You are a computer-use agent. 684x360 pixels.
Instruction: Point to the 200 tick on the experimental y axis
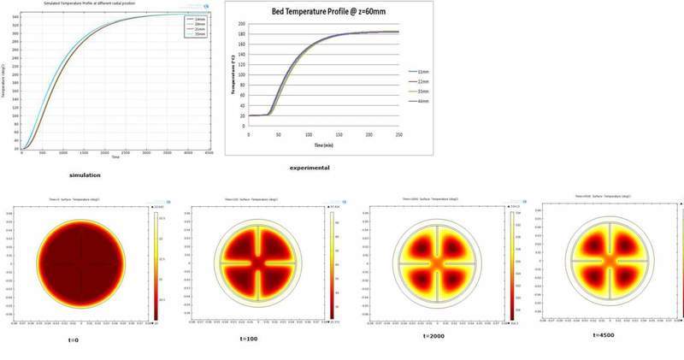[241, 25]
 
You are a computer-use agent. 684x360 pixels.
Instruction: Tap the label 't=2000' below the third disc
[435, 336]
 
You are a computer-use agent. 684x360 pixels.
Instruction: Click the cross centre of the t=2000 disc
[435, 263]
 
